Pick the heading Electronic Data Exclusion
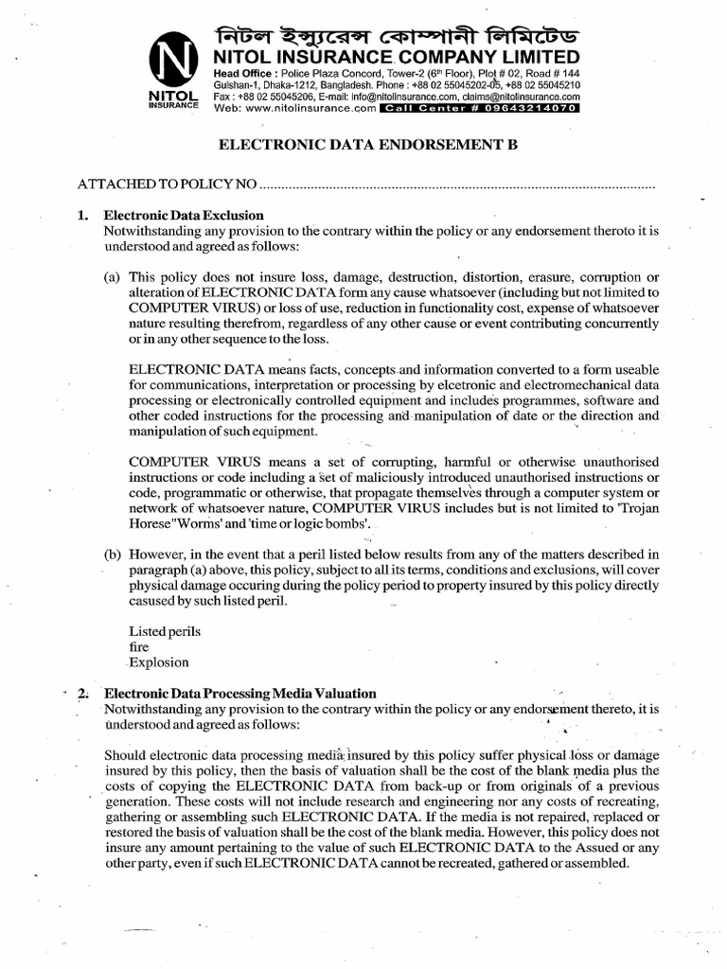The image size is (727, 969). [x=184, y=215]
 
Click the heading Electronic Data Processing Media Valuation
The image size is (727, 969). [x=239, y=693]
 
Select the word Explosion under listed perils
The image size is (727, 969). [x=159, y=662]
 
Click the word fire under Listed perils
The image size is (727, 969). [x=138, y=646]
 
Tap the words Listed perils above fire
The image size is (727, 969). [x=164, y=630]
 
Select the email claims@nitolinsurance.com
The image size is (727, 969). [x=523, y=96]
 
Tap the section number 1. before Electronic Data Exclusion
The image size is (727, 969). [x=82, y=215]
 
